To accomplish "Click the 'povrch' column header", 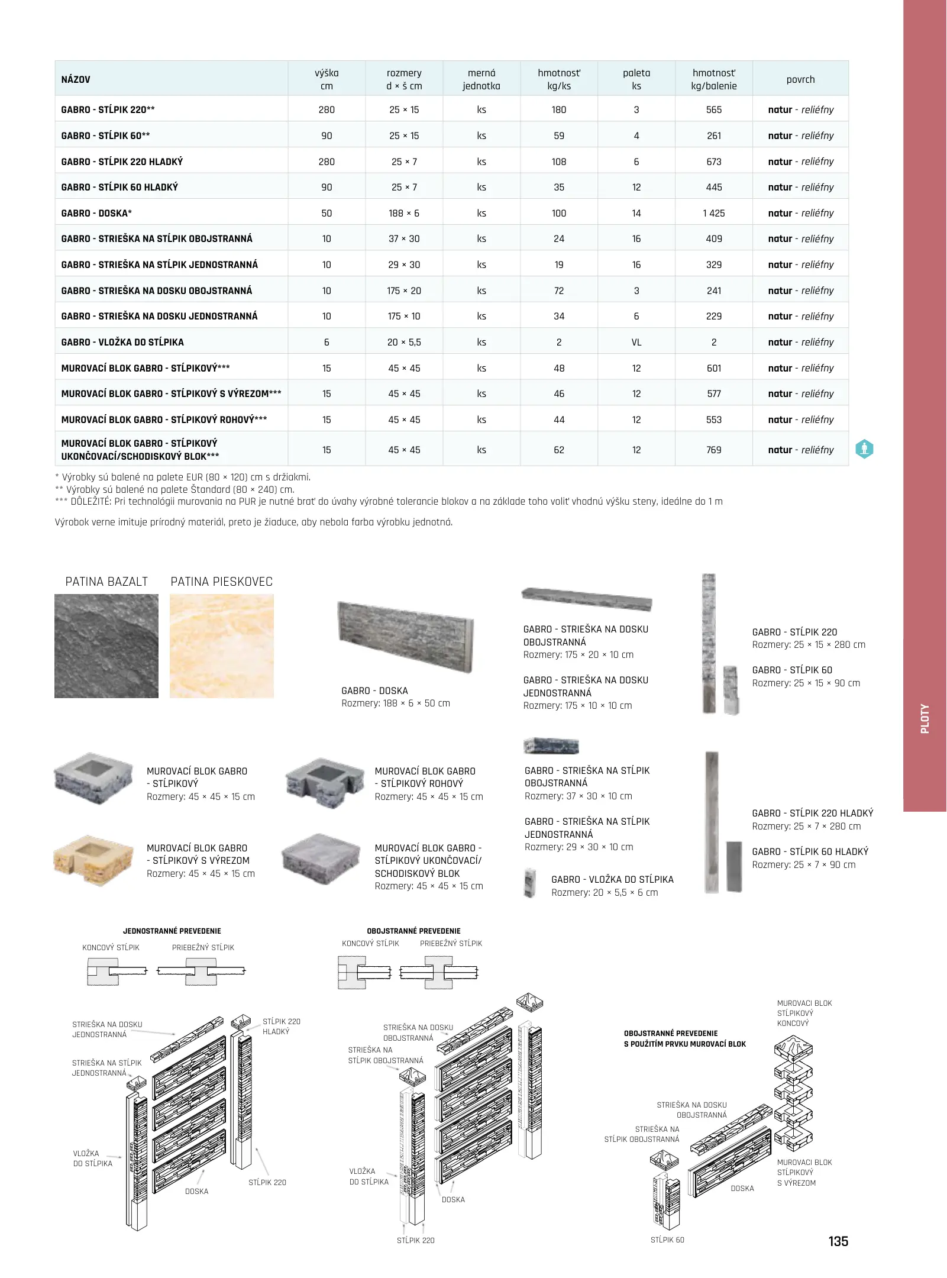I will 800,79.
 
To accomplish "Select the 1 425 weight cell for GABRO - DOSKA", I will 714,213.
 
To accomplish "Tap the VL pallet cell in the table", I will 636,342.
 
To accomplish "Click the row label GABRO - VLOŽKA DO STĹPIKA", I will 122,342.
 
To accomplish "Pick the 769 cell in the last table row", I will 714,450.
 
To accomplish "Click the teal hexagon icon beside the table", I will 864,449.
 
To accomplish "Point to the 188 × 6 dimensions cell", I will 404,213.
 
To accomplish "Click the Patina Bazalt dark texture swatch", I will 106,646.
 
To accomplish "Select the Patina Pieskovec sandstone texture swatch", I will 222,646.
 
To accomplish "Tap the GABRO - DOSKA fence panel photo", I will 406,637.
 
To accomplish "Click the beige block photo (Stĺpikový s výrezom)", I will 93,860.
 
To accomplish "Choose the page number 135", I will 838,1241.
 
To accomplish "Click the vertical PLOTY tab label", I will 925,719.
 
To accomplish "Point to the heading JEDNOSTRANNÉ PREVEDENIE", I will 172,931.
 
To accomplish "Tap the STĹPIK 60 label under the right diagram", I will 667,1240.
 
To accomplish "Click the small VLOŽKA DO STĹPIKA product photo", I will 530,883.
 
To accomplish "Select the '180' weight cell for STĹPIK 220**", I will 559,109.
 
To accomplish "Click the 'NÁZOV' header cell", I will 76,79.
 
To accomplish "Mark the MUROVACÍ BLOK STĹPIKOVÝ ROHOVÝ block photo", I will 325,783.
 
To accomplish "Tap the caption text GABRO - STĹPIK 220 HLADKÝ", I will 812,814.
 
